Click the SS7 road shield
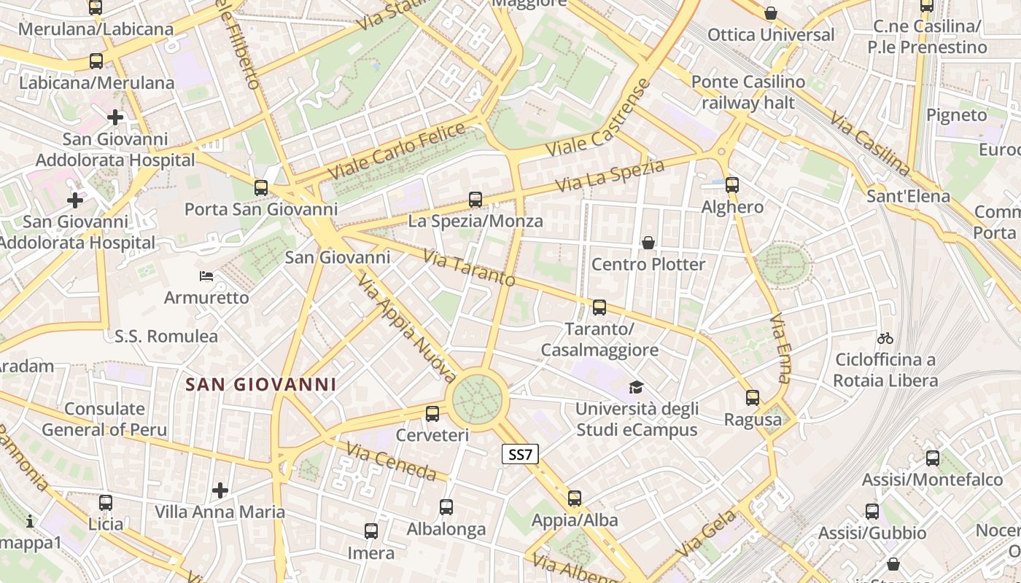point(521,455)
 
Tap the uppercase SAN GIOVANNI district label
point(260,384)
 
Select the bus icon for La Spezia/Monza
point(475,199)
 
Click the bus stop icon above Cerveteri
point(432,414)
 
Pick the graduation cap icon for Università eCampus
point(637,387)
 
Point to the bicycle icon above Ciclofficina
point(885,338)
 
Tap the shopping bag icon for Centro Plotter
point(648,243)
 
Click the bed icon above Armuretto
point(206,276)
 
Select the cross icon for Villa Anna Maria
point(220,490)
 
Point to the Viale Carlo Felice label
point(397,151)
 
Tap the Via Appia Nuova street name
point(406,328)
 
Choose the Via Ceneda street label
point(391,462)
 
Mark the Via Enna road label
point(780,348)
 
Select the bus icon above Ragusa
point(753,398)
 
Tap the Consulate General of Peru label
point(104,419)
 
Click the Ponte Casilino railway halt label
point(748,92)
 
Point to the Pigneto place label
point(956,115)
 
